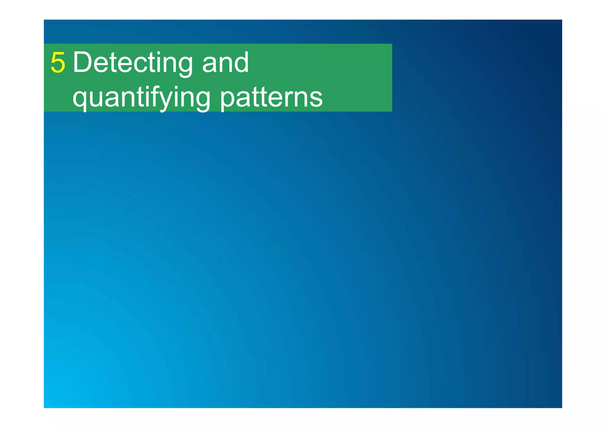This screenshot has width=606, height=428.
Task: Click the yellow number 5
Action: [58, 63]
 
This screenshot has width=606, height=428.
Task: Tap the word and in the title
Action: [225, 63]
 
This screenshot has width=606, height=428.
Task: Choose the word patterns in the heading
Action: [271, 98]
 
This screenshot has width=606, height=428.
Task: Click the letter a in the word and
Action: [210, 65]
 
